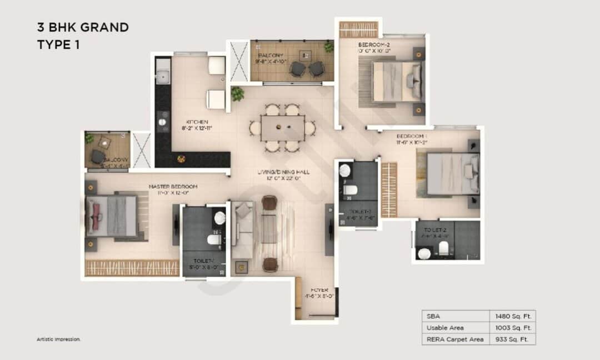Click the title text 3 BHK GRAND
(x=83, y=27)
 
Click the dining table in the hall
(x=283, y=128)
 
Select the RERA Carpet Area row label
(x=454, y=339)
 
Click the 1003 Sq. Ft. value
(x=513, y=327)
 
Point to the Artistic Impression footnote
(x=59, y=339)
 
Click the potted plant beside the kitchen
(x=238, y=93)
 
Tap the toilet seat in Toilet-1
(x=214, y=240)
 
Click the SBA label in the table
(x=432, y=316)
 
